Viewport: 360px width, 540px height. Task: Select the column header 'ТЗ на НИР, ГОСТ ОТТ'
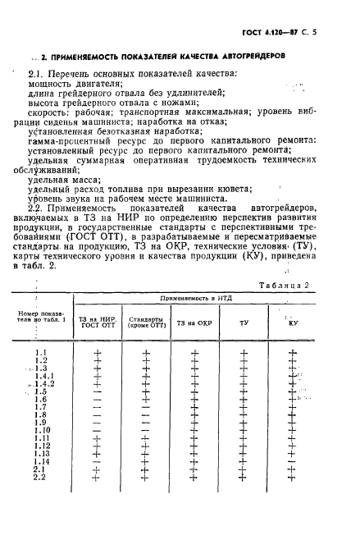(x=98, y=322)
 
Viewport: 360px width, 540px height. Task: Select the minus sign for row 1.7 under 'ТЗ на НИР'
(x=98, y=407)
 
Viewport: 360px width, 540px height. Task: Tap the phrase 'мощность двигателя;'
(x=75, y=84)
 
